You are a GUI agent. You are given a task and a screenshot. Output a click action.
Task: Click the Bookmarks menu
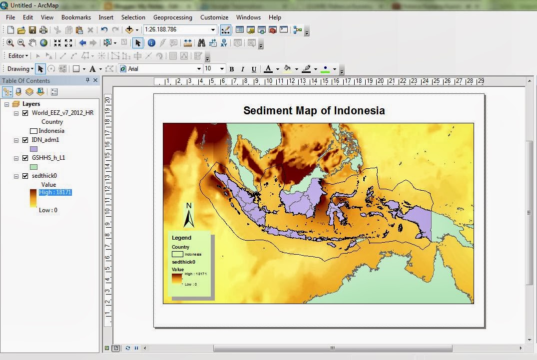click(x=76, y=17)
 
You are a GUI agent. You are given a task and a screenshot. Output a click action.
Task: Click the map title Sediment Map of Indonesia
click(x=314, y=110)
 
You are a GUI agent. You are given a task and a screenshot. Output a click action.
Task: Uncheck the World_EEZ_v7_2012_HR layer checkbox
click(x=25, y=113)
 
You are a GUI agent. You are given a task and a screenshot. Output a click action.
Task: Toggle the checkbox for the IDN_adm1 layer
click(x=25, y=140)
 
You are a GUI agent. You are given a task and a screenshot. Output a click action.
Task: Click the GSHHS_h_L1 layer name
click(x=48, y=158)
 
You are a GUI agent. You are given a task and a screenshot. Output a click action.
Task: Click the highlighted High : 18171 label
click(x=55, y=192)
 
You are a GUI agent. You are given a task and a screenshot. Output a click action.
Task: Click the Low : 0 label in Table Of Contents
click(x=48, y=210)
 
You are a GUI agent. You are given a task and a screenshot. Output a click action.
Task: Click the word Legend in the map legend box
click(x=181, y=238)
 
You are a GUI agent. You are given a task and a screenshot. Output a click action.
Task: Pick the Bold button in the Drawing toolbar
click(x=232, y=69)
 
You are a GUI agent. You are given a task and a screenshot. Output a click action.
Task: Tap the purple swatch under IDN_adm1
click(x=34, y=149)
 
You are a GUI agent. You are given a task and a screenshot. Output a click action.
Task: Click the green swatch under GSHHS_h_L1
click(x=34, y=167)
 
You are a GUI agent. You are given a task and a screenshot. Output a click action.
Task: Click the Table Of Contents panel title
click(x=25, y=81)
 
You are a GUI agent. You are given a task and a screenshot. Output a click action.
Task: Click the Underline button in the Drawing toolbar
click(x=254, y=69)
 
